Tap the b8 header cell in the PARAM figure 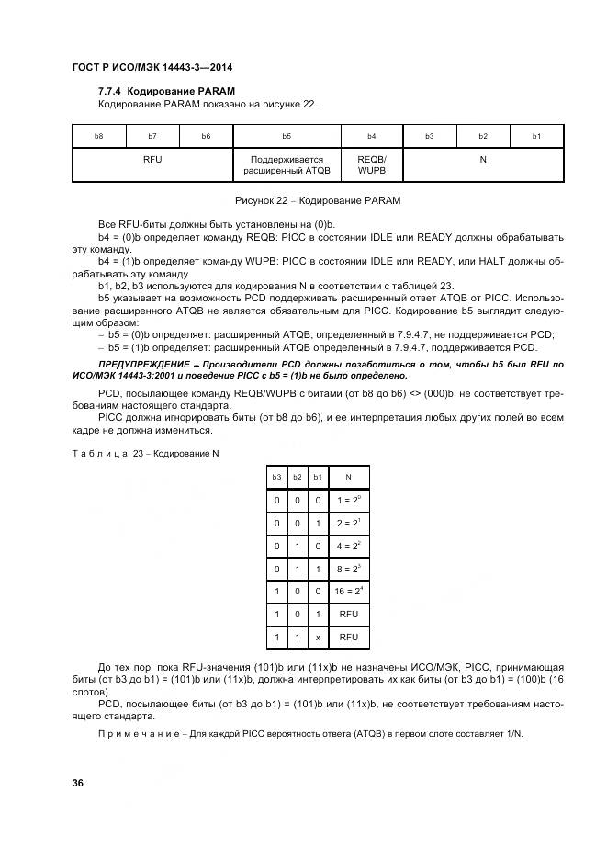pyautogui.click(x=99, y=136)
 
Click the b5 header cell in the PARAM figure pyautogui.click(x=287, y=136)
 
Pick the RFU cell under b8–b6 pyautogui.click(x=152, y=159)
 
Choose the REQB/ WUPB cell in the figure pyautogui.click(x=372, y=164)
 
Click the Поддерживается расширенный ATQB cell pyautogui.click(x=287, y=164)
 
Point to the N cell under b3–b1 pyautogui.click(x=483, y=159)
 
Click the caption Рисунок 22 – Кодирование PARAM pyautogui.click(x=318, y=199)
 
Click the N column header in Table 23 pyautogui.click(x=347, y=477)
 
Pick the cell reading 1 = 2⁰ pyautogui.click(x=347, y=501)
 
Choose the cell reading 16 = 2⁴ pyautogui.click(x=347, y=592)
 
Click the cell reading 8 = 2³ pyautogui.click(x=347, y=569)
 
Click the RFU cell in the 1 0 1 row pyautogui.click(x=347, y=614)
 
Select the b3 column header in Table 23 pyautogui.click(x=275, y=477)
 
